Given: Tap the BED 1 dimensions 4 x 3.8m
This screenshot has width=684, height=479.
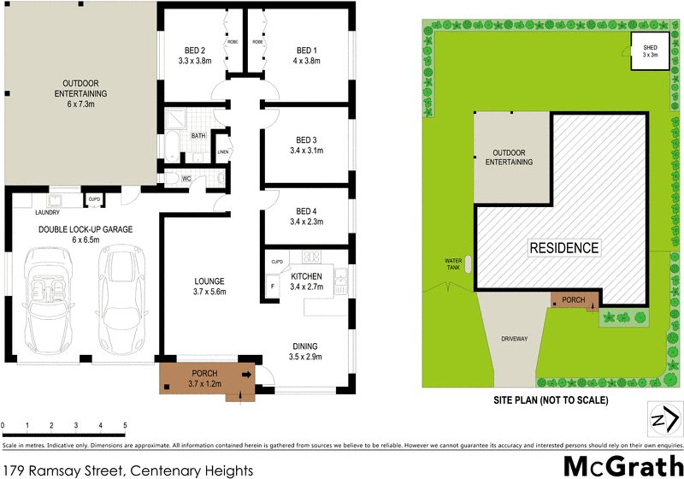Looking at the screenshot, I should (306, 62).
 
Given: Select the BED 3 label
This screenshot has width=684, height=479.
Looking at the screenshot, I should (305, 140).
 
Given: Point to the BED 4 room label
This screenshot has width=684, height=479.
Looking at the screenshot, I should (305, 211).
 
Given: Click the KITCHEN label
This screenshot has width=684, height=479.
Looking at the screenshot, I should (305, 277).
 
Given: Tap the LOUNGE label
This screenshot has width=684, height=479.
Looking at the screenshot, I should (209, 281).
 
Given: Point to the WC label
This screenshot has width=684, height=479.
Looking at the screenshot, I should (186, 179).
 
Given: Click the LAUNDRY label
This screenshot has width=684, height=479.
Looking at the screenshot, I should (47, 213).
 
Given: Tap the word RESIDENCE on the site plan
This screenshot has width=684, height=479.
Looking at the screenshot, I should (564, 249).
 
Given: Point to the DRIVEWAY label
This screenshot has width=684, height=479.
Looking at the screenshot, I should (515, 340).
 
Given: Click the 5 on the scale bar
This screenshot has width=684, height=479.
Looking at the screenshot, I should (125, 425).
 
